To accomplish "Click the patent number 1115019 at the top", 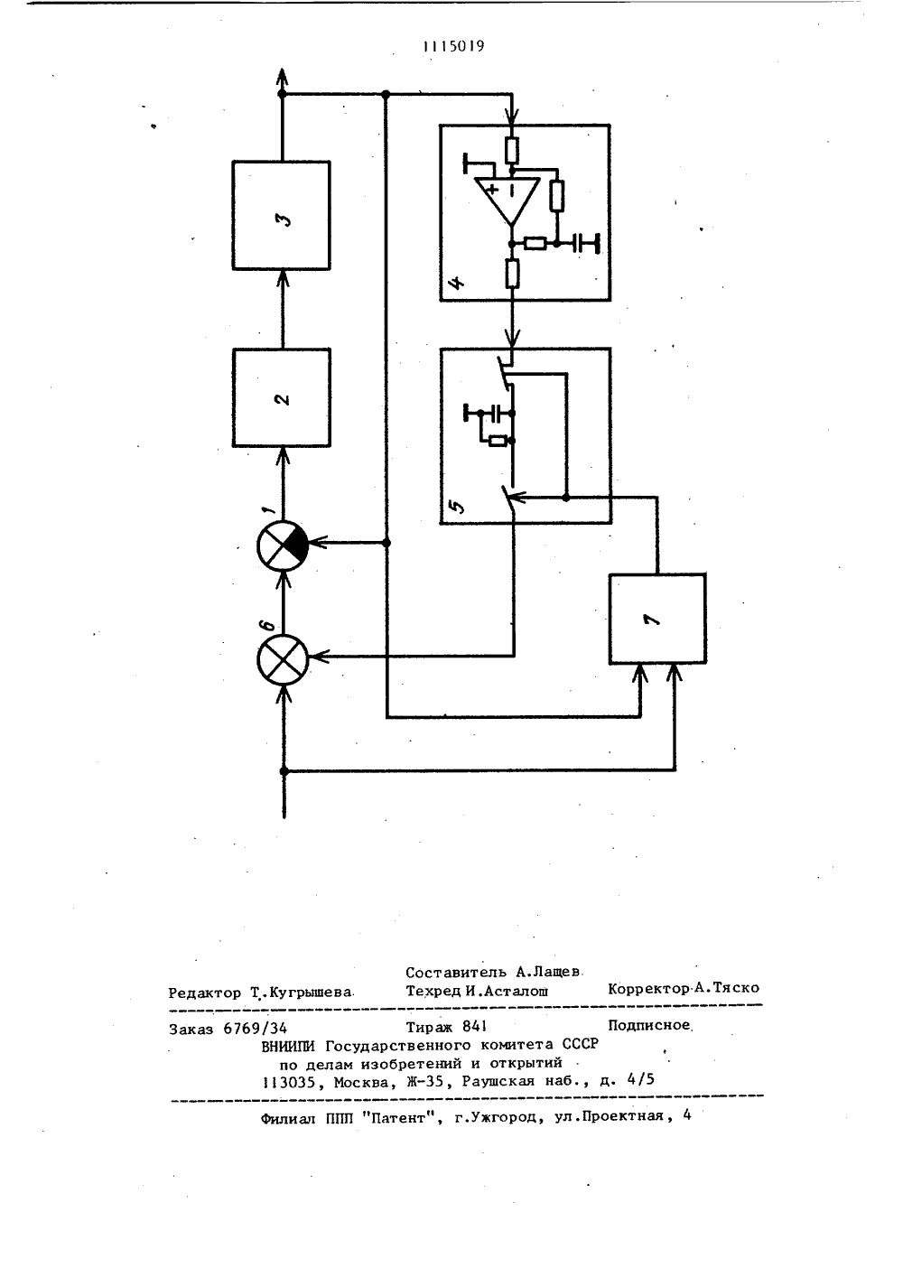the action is (x=454, y=46).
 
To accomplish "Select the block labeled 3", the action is (x=281, y=215).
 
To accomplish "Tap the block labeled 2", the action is (x=282, y=398).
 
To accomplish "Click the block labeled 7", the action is (x=657, y=619).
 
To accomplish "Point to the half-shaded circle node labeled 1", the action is (x=283, y=545).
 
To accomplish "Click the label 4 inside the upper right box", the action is (x=457, y=282).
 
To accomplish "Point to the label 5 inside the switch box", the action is (x=457, y=505).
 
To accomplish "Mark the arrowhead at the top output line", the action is (x=281, y=77).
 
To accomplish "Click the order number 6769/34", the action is (x=256, y=1028).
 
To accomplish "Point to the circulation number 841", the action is (x=474, y=1027).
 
